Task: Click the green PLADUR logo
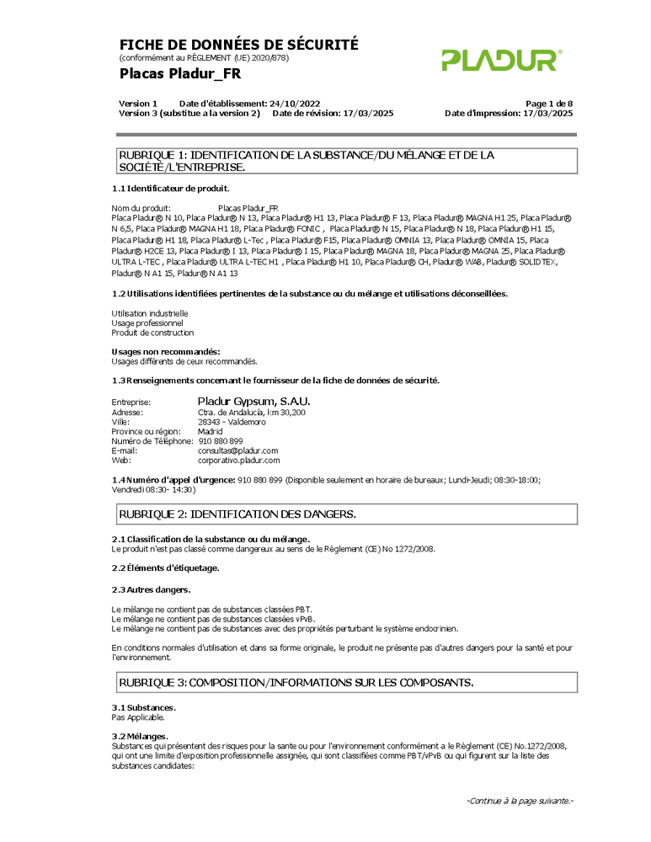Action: [x=502, y=60]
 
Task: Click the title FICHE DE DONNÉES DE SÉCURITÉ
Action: [x=238, y=45]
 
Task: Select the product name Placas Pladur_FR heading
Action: [x=179, y=74]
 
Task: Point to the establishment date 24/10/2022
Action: [x=294, y=103]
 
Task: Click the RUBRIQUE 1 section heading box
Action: [x=346, y=161]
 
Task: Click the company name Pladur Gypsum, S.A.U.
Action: [x=253, y=402]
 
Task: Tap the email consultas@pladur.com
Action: [x=237, y=450]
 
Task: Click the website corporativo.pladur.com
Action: [x=238, y=461]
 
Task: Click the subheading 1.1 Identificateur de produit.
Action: [x=170, y=189]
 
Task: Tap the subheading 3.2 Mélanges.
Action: [x=140, y=737]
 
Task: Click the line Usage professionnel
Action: [x=147, y=322]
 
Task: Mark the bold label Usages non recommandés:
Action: [x=166, y=351]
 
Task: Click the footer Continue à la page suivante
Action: [x=520, y=801]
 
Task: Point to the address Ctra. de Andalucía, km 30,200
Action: [x=251, y=413]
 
